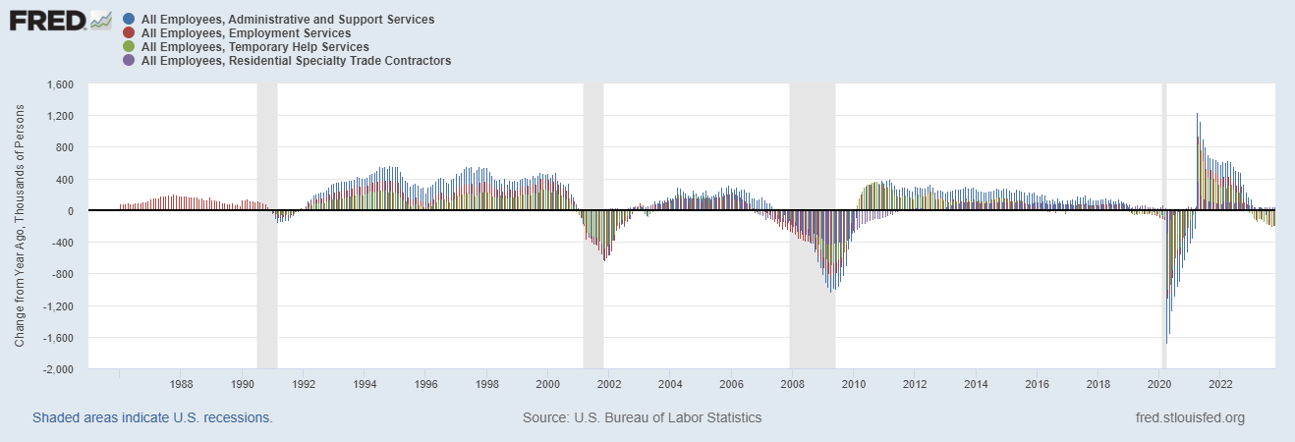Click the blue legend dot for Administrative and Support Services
coord(130,20)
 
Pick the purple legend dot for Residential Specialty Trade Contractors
coord(130,61)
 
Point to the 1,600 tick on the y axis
coord(60,84)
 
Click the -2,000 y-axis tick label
coord(58,370)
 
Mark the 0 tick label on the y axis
coord(71,211)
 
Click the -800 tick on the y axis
coord(63,275)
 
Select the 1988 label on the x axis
coord(181,383)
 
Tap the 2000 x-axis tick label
coord(548,383)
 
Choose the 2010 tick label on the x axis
coord(854,383)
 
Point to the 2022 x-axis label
coord(1221,383)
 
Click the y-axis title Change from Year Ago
coord(20,228)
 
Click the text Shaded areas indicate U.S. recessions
coord(152,417)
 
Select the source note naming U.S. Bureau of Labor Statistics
coord(642,417)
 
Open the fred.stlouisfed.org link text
coord(1189,417)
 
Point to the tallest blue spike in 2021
coord(1197,116)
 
